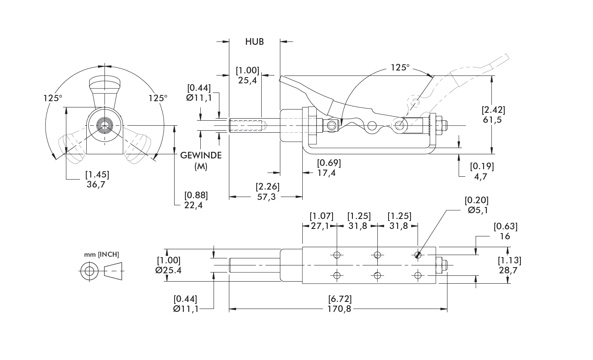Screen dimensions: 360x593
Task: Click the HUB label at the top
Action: point(254,41)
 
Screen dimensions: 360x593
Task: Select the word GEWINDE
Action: point(201,155)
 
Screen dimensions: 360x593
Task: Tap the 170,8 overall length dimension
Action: point(339,309)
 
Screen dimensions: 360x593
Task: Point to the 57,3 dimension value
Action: point(266,197)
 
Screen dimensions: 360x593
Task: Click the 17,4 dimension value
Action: point(326,173)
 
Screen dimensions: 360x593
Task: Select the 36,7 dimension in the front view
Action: point(96,185)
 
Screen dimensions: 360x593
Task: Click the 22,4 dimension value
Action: point(193,205)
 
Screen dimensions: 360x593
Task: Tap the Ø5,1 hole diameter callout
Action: point(478,210)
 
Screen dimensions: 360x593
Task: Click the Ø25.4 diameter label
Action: point(168,270)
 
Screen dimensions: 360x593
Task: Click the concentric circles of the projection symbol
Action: point(89,272)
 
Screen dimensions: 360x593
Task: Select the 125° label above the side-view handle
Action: point(400,68)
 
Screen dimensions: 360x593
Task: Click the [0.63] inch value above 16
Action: point(506,226)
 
